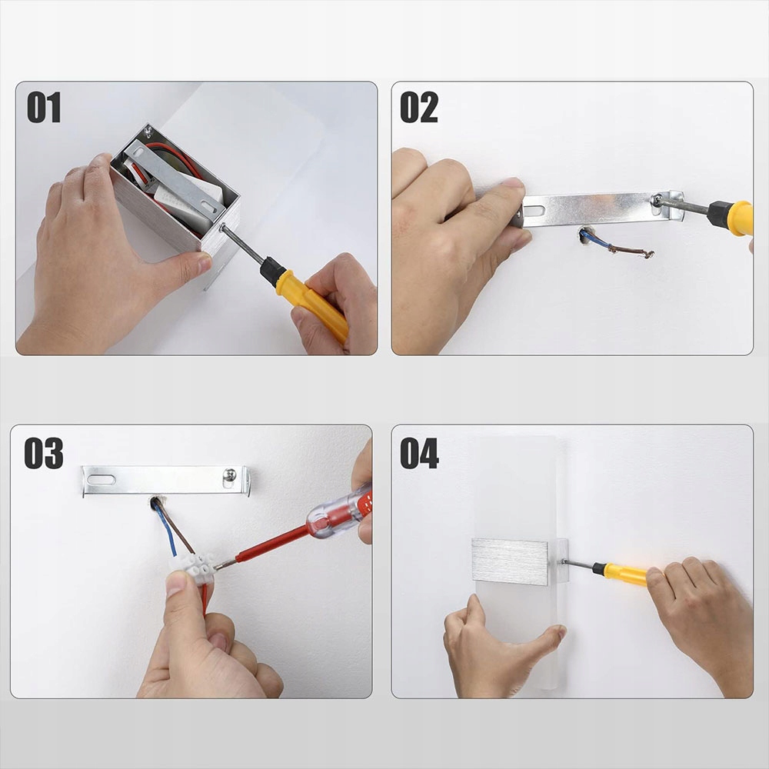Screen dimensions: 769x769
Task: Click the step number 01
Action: coord(44,107)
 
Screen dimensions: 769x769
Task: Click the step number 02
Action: coord(419,107)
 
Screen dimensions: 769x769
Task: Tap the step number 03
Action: coord(44,453)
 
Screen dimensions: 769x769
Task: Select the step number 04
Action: coord(419,453)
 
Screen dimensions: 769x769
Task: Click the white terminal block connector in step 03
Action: coord(193,568)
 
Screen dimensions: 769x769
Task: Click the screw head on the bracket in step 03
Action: coord(229,474)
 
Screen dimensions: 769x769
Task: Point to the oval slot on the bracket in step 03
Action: coord(101,479)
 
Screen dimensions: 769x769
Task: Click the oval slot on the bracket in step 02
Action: coord(534,211)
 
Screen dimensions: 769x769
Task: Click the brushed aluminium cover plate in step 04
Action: coord(510,561)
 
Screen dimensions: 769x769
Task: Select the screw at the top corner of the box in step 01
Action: coord(148,131)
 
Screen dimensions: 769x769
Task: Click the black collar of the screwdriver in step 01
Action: coord(272,271)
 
